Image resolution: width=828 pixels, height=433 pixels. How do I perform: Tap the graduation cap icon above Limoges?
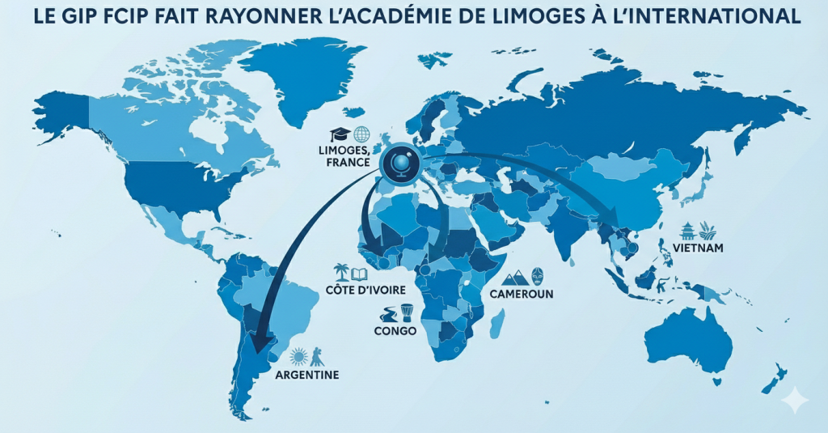pyautogui.click(x=338, y=134)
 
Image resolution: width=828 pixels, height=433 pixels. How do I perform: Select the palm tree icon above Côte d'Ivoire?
pyautogui.click(x=341, y=272)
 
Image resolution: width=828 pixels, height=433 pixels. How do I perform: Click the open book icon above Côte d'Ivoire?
pyautogui.click(x=358, y=274)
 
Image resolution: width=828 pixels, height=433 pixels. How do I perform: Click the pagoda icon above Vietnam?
pyautogui.click(x=687, y=230)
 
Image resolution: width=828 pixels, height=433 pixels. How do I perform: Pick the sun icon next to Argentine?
pyautogui.click(x=299, y=355)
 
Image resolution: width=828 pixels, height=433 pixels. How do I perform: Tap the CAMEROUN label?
pyautogui.click(x=522, y=294)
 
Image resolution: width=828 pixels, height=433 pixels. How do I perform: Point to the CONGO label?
pyautogui.click(x=395, y=331)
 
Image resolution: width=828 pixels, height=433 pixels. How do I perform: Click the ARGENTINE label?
pyautogui.click(x=306, y=375)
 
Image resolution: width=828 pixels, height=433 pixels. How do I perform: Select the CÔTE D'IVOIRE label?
pyautogui.click(x=355, y=290)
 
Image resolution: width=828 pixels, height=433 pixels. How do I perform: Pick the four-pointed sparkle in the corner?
pyautogui.click(x=796, y=400)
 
